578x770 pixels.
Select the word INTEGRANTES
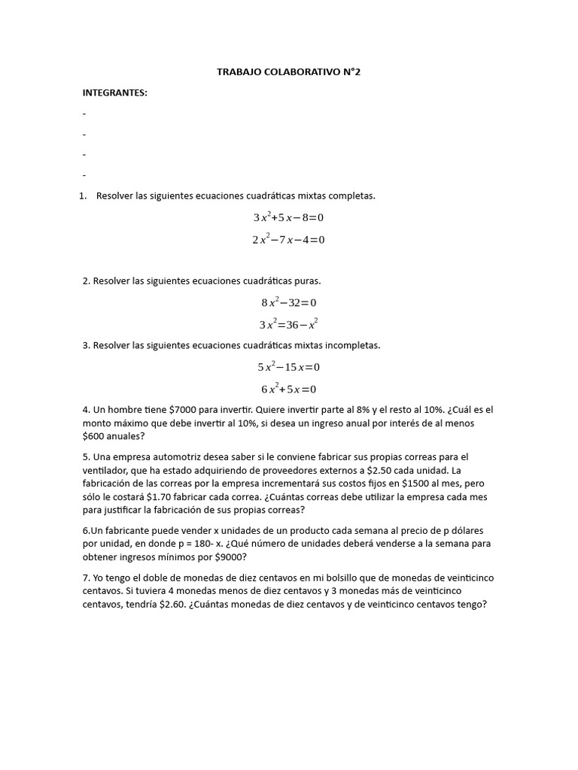click(x=114, y=92)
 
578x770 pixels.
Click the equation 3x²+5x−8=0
click(x=288, y=217)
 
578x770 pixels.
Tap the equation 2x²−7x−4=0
click(x=288, y=240)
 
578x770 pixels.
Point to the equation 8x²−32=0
click(x=289, y=302)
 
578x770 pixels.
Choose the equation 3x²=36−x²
click(x=289, y=325)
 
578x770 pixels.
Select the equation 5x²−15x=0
click(x=289, y=367)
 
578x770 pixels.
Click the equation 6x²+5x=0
click(x=289, y=390)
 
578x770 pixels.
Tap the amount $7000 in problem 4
click(x=185, y=410)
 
